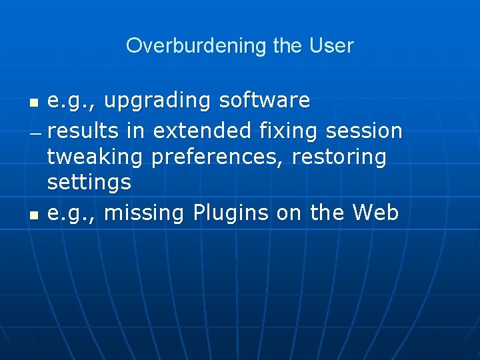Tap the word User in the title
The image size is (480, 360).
click(x=331, y=46)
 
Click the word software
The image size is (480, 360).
click(x=265, y=101)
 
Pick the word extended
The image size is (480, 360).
click(x=202, y=131)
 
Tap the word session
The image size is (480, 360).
click(x=364, y=131)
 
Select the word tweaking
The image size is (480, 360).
click(x=95, y=158)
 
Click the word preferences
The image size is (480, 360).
click(x=220, y=158)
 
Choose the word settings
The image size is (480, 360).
click(x=89, y=182)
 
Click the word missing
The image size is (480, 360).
click(x=145, y=213)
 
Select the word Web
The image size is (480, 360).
click(x=375, y=213)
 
